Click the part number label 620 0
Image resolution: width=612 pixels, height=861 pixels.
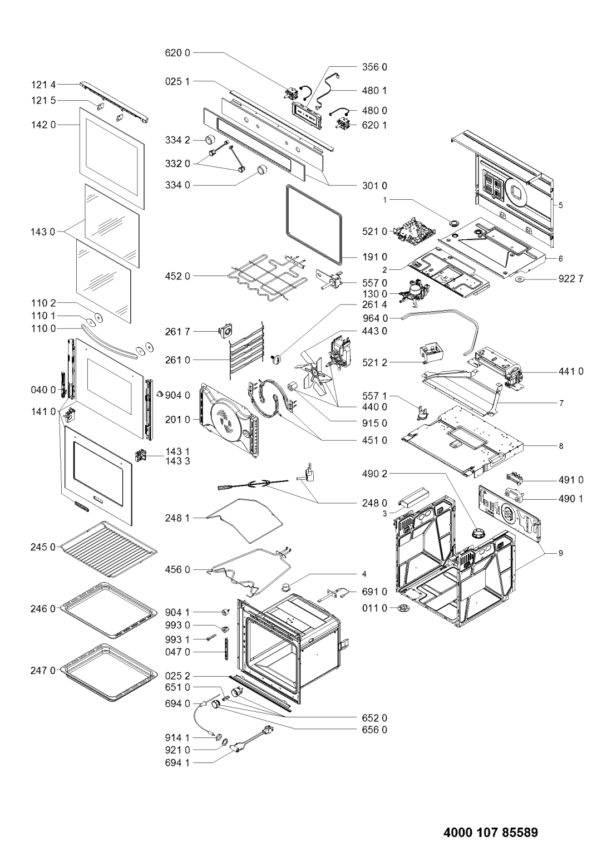point(177,53)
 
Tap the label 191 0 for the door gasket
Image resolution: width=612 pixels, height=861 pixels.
point(374,257)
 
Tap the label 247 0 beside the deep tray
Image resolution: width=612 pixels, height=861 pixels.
point(43,670)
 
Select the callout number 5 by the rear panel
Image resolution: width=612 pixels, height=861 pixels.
point(560,205)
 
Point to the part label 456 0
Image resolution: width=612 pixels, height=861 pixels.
point(177,569)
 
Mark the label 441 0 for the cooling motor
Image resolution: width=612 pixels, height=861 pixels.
point(570,371)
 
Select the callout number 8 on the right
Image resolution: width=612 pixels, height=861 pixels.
point(561,446)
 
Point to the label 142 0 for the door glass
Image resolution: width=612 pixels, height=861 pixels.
point(43,125)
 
